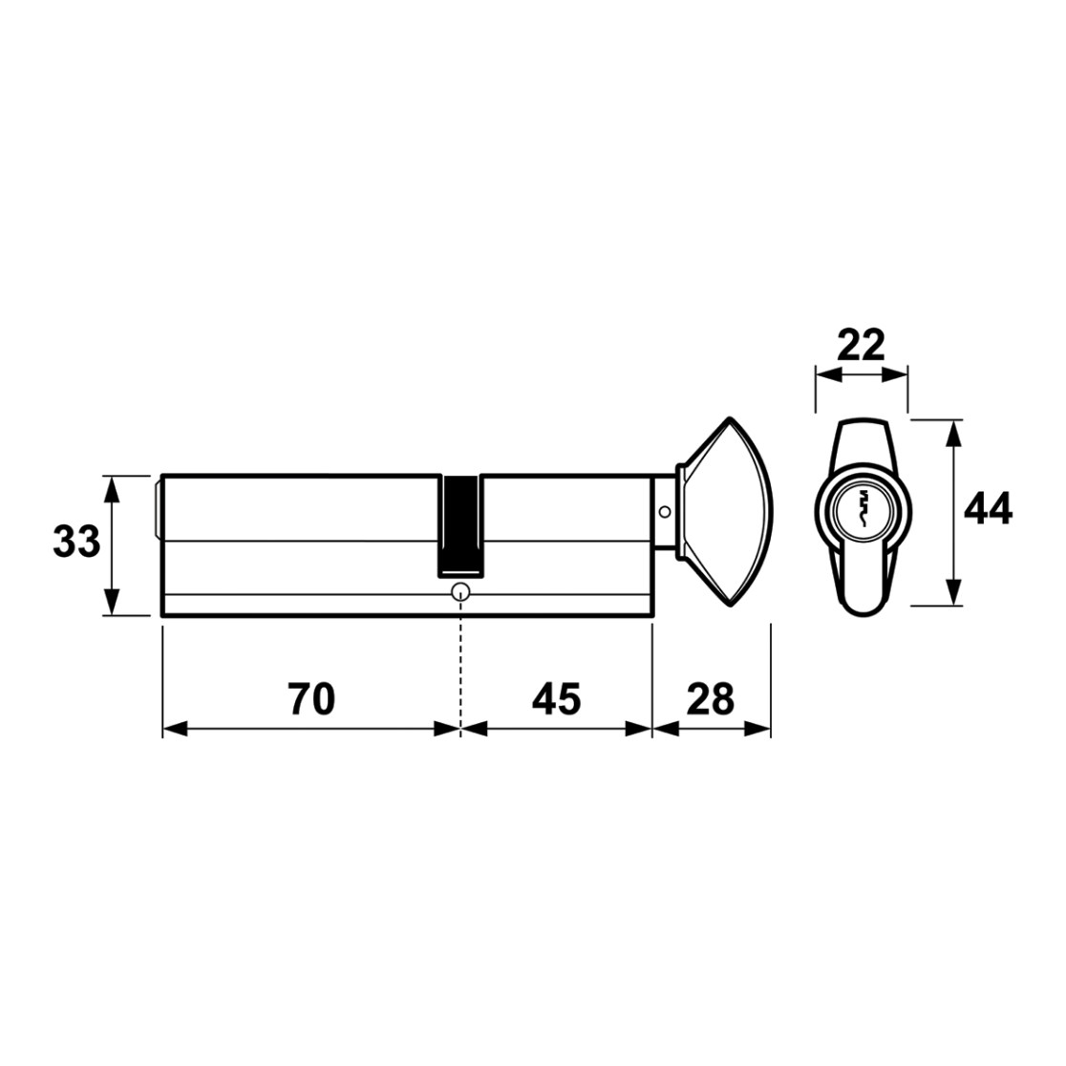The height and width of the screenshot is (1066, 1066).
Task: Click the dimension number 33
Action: tap(76, 543)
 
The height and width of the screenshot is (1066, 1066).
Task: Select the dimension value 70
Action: tap(311, 699)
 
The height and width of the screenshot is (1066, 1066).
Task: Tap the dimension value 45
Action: tap(556, 699)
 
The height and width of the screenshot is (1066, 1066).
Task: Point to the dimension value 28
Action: tap(711, 699)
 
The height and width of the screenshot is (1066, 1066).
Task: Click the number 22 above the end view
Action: tap(861, 346)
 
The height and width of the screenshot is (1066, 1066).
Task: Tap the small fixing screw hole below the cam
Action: tap(461, 592)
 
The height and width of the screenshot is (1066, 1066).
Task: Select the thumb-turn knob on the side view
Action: tap(724, 512)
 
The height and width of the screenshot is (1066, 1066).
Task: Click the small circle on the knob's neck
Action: tap(664, 511)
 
